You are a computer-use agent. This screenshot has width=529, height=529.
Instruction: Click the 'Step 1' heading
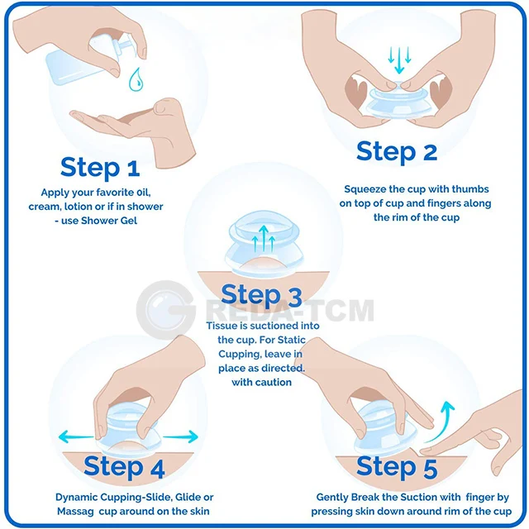point(100,168)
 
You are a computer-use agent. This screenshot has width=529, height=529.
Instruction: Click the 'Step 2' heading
point(397,151)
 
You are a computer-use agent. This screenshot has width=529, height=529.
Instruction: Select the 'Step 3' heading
point(261,295)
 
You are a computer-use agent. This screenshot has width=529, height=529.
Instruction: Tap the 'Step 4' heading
point(124,467)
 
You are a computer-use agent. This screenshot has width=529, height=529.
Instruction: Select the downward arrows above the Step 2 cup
point(399,59)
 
